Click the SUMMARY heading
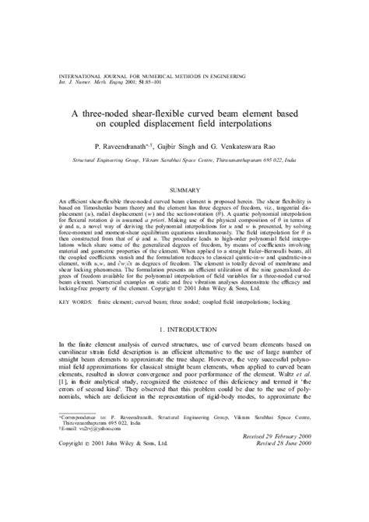click(x=184, y=189)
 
